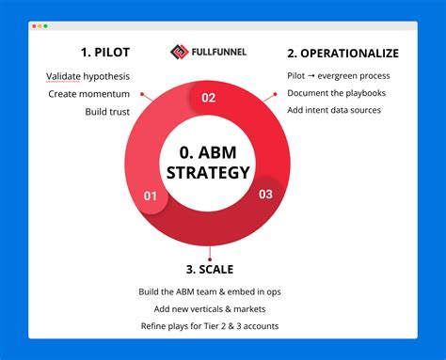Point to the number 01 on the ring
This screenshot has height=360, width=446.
(x=149, y=196)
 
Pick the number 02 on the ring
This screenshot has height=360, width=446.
(x=208, y=96)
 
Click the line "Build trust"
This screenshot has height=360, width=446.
(x=108, y=112)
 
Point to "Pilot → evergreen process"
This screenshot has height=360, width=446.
(x=338, y=76)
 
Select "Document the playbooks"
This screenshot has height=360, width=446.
(x=336, y=94)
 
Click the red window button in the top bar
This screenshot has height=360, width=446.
(x=34, y=26)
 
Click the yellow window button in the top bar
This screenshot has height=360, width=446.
(x=40, y=26)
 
